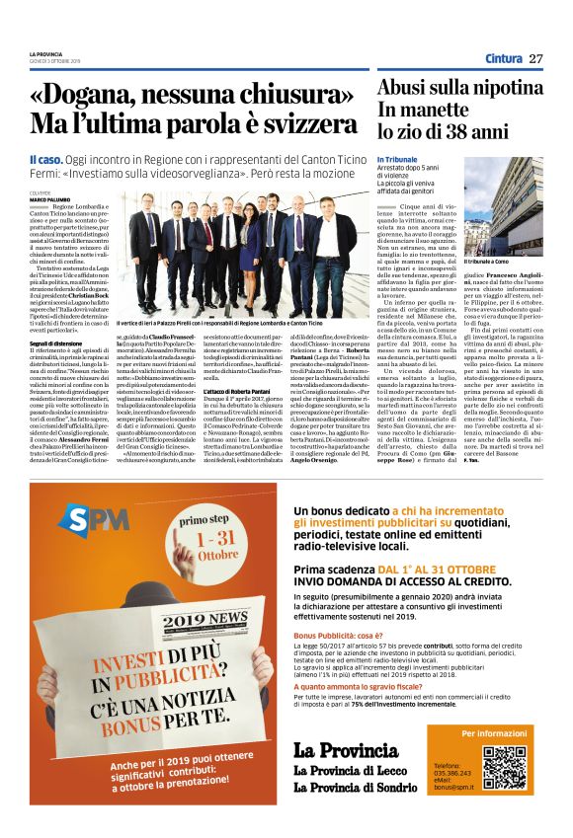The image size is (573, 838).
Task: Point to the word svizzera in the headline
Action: [315, 126]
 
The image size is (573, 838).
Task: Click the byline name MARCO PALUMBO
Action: [49, 198]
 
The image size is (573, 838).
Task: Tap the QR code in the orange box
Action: [503, 766]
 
